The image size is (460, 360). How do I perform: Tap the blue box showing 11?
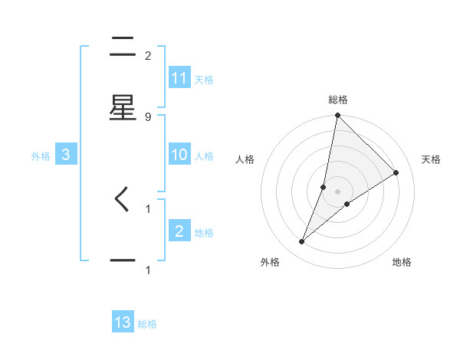tap(179, 77)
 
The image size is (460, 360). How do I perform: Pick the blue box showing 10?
tap(179, 155)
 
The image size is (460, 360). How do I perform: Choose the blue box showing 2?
tap(179, 231)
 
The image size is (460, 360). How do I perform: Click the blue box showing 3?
tap(66, 155)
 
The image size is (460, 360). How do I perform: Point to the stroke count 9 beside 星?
tap(148, 116)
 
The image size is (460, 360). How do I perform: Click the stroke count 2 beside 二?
tap(148, 55)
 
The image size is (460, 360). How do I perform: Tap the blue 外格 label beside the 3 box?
tap(41, 155)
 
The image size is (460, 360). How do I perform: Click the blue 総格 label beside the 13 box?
tap(147, 323)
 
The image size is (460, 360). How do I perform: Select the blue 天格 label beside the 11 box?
tap(204, 79)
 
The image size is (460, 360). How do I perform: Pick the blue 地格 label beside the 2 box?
tap(204, 232)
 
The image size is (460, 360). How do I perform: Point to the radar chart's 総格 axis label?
tap(338, 100)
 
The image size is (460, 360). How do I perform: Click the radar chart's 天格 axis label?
tap(432, 159)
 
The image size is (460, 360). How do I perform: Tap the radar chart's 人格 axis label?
tap(245, 159)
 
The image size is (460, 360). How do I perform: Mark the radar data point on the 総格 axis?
tap(337, 116)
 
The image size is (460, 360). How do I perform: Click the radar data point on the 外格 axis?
tap(302, 242)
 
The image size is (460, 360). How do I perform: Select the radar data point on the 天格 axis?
tap(396, 173)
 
